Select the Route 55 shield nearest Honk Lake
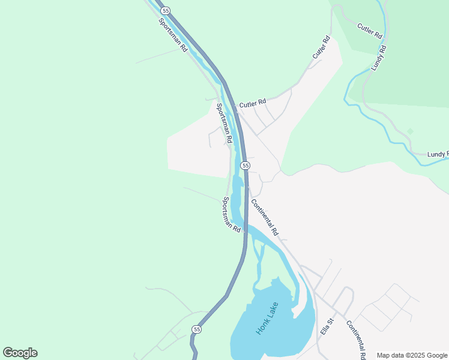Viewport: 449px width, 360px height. (x=196, y=329)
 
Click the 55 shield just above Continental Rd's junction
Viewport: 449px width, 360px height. (x=245, y=165)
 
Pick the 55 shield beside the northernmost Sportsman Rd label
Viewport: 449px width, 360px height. (x=166, y=11)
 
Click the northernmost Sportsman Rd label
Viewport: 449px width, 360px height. (x=172, y=35)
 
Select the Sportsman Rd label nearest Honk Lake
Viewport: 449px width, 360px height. (x=232, y=214)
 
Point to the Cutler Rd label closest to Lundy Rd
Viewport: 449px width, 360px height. (x=369, y=31)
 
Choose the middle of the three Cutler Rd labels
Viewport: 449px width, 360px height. (x=321, y=48)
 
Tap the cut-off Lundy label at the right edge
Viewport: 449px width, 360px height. (x=438, y=154)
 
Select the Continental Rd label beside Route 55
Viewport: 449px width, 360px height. (x=265, y=217)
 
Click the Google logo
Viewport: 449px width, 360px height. (x=20, y=353)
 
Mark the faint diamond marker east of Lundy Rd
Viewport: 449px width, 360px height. (x=411, y=131)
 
